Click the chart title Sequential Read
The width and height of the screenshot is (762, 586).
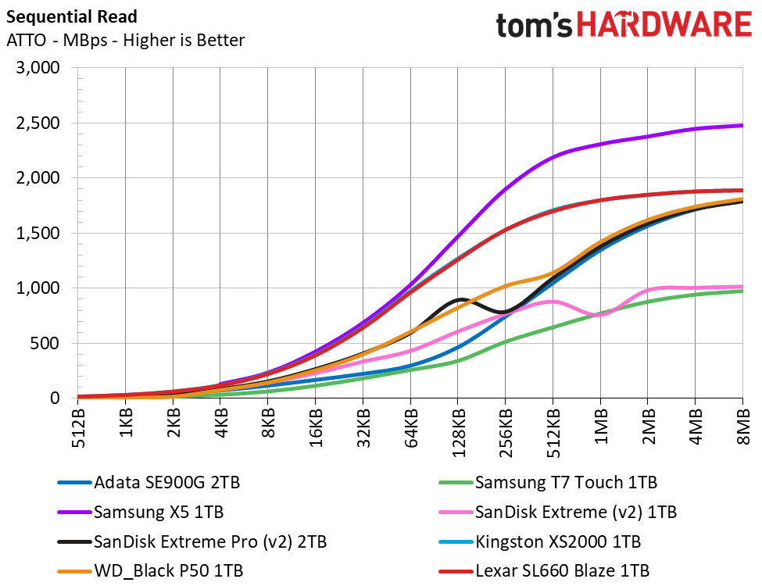click(x=72, y=17)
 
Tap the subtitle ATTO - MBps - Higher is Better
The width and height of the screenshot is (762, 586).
click(x=125, y=40)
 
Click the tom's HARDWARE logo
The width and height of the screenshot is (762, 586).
click(x=624, y=25)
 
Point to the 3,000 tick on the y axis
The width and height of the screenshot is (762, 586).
click(x=38, y=67)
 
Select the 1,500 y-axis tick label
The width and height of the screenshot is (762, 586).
click(x=38, y=234)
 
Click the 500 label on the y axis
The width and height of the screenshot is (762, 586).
click(x=48, y=344)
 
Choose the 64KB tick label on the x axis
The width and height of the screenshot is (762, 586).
click(x=410, y=428)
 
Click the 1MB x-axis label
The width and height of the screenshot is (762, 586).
click(x=601, y=426)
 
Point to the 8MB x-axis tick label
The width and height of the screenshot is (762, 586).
click(x=743, y=426)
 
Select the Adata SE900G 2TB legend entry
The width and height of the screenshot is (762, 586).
click(x=148, y=483)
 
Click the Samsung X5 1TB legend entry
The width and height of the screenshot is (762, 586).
click(x=141, y=512)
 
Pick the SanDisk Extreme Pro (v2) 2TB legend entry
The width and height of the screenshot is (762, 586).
click(x=192, y=541)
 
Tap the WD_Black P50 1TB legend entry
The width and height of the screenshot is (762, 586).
click(x=150, y=571)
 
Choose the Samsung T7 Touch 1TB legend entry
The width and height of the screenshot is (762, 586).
click(x=548, y=483)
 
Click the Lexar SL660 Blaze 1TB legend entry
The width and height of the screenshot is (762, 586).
click(x=544, y=571)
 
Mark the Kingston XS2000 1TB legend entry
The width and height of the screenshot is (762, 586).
click(x=540, y=541)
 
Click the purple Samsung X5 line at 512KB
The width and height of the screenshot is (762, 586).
click(x=553, y=157)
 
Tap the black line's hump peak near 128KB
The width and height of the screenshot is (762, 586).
click(x=460, y=298)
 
